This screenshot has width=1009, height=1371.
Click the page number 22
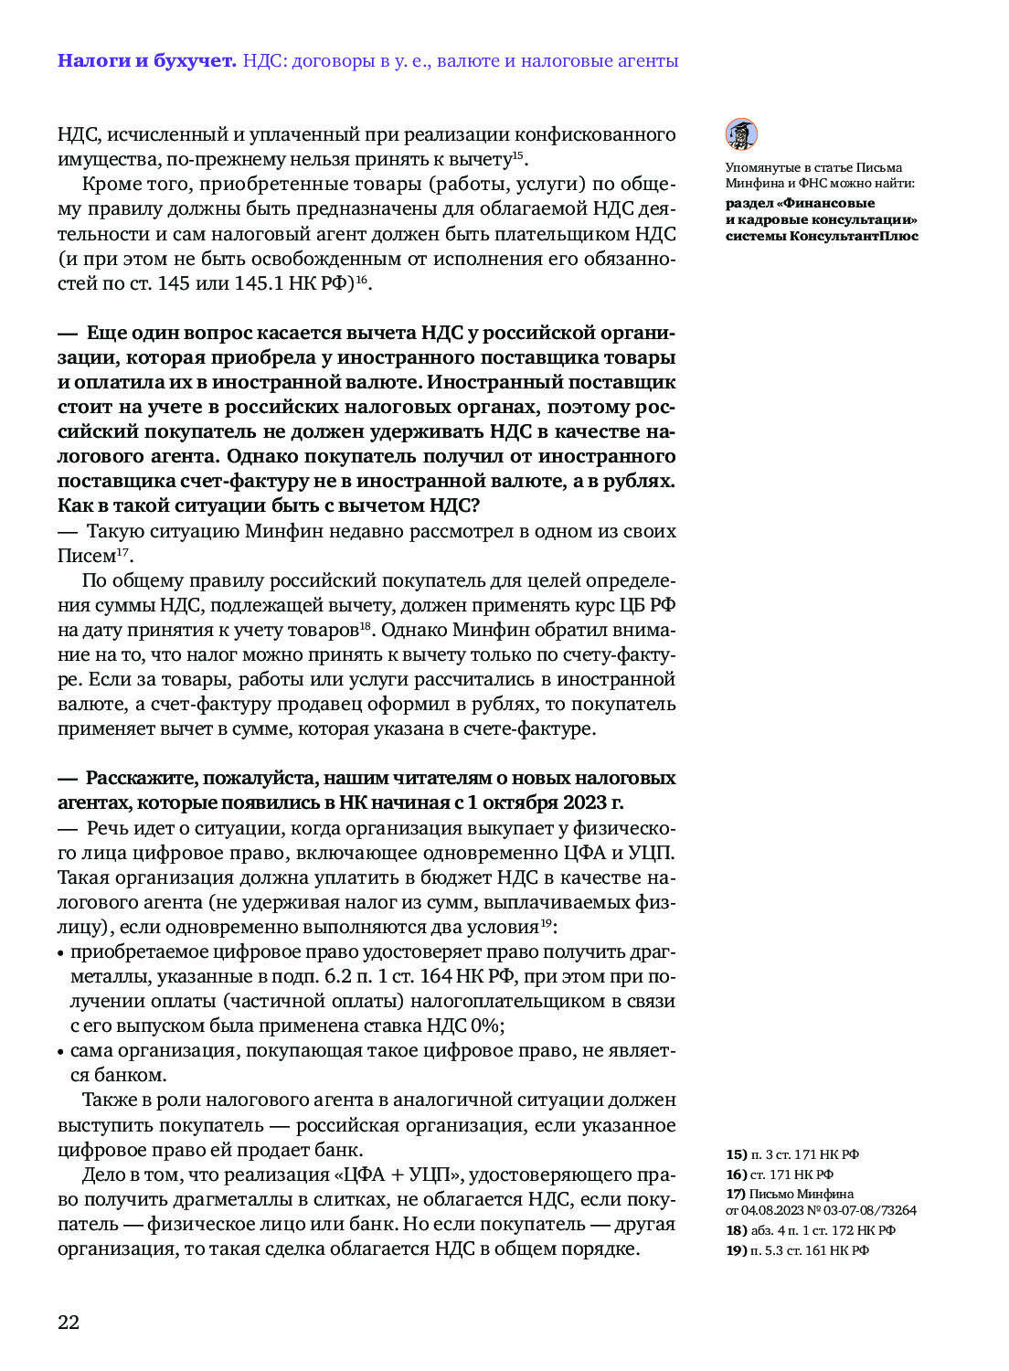(69, 1323)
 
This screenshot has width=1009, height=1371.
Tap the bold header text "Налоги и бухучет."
(146, 61)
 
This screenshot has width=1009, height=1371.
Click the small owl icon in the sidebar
(741, 134)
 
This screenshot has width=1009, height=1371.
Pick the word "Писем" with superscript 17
(87, 556)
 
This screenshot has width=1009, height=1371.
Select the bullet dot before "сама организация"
(61, 1052)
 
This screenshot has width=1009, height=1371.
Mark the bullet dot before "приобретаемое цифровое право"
(61, 953)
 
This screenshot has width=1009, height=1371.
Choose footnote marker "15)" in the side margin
(737, 1154)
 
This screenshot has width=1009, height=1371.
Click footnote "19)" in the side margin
(737, 1250)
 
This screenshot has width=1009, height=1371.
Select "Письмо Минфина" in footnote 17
(801, 1194)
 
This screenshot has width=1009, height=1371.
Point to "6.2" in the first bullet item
(340, 976)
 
